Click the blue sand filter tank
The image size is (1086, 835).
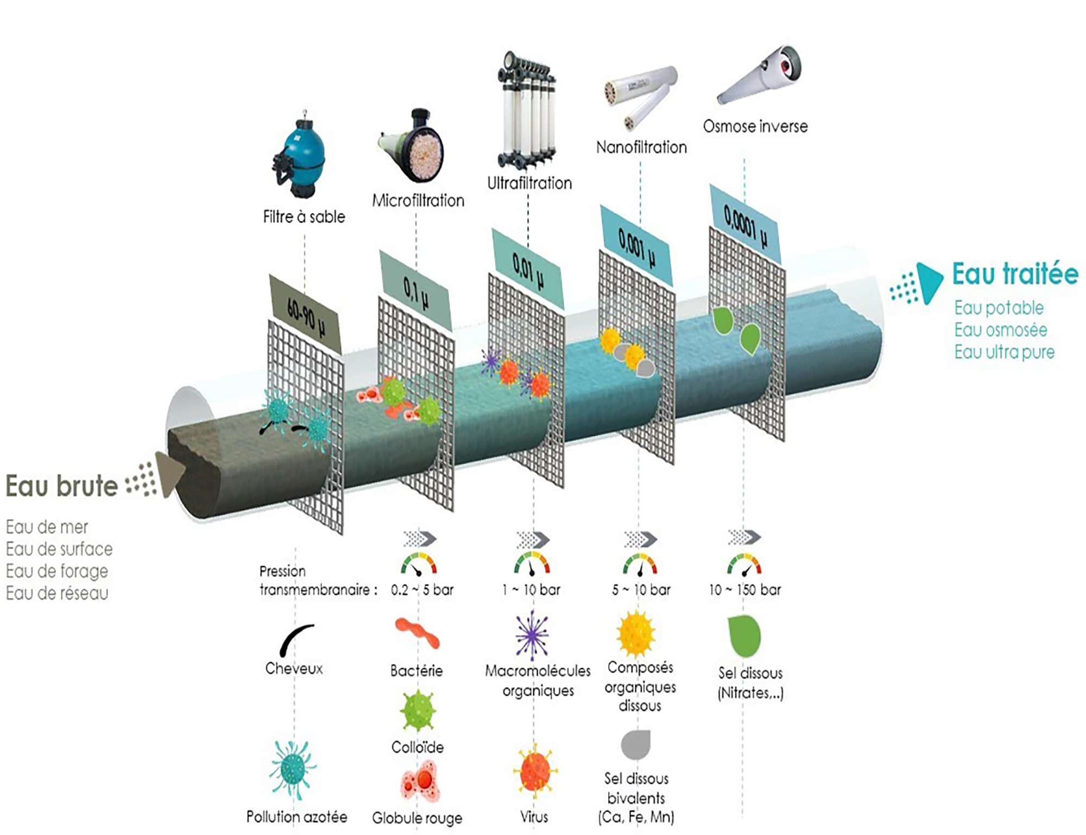[299, 154]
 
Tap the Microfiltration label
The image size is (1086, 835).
[418, 200]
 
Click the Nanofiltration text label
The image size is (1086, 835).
[641, 147]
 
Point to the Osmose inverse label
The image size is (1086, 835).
[755, 126]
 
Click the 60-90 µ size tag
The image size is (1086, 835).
[305, 315]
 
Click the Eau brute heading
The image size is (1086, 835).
[61, 486]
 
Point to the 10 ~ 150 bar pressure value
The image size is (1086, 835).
[745, 589]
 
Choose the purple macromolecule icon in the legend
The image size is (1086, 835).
[532, 635]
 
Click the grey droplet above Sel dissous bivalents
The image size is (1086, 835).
[635, 744]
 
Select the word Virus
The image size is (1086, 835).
[534, 817]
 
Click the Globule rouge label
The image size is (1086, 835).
[417, 818]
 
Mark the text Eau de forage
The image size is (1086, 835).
[57, 571]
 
